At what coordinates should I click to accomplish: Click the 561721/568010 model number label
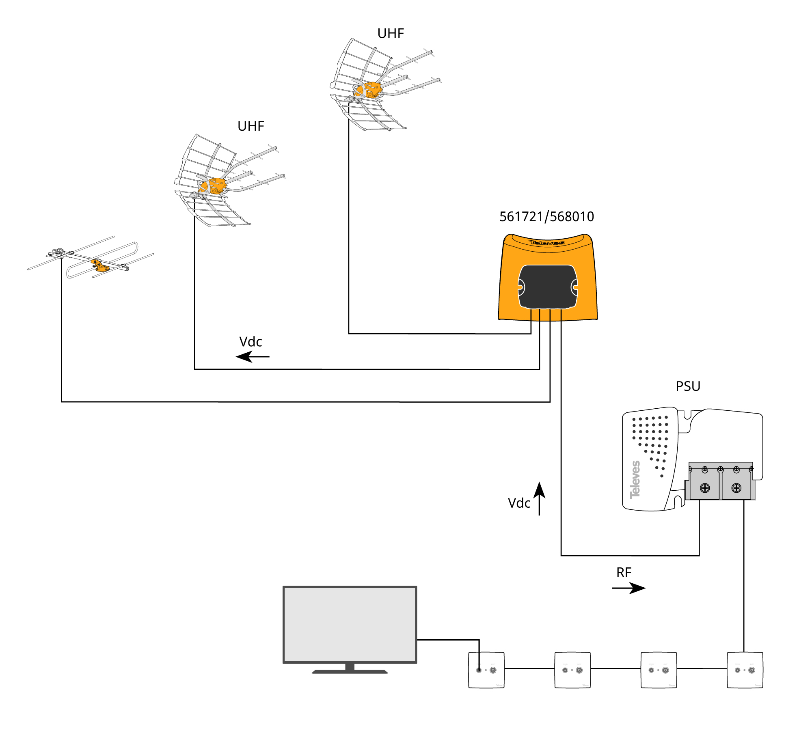[546, 217]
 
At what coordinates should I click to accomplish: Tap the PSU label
[688, 386]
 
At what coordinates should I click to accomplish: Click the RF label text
[624, 573]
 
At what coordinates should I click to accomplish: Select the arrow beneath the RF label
[628, 588]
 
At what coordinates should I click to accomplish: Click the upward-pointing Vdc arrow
[539, 498]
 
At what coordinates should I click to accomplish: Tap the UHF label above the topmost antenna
[391, 33]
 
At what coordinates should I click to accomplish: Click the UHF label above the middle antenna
[251, 126]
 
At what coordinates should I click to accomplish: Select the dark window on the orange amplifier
[548, 287]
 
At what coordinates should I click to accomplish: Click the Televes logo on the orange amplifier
[546, 243]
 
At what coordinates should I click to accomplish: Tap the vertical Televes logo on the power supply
[635, 479]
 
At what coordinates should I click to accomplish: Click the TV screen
[350, 624]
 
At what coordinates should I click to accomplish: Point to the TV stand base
[350, 671]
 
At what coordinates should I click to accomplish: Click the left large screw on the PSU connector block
[705, 488]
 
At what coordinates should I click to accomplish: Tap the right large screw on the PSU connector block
[736, 488]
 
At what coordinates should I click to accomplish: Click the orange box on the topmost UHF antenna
[371, 90]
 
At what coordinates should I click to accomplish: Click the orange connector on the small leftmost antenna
[99, 265]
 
